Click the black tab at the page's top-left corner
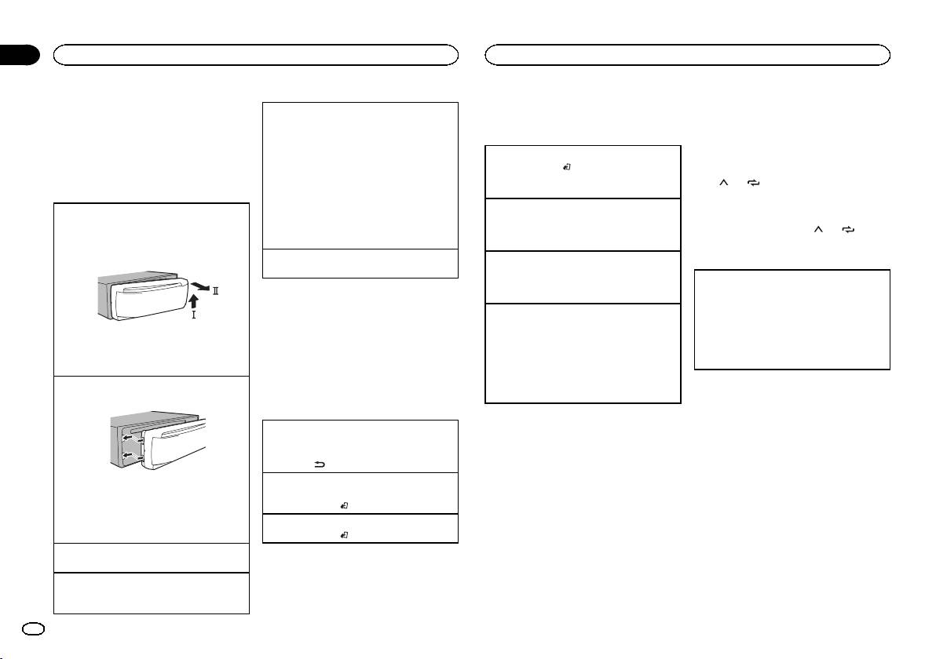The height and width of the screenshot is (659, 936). (x=20, y=55)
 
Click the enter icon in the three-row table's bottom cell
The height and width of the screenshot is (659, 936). (x=343, y=533)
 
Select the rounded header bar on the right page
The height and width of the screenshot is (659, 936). (x=688, y=54)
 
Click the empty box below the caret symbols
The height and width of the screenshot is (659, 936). (x=793, y=319)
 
